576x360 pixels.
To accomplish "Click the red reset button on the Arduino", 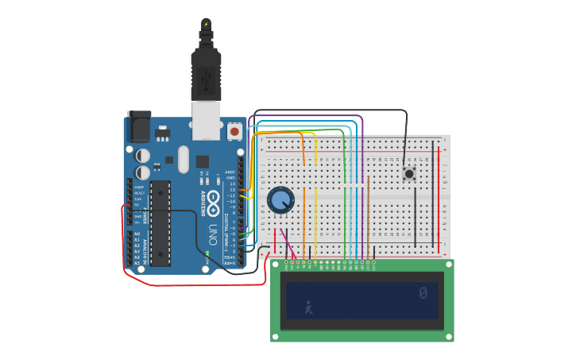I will pos(234,130).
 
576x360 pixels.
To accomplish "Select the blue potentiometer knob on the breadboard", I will pos(280,199).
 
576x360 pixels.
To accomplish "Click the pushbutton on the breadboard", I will pos(409,173).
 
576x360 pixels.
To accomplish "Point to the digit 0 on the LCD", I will pos(423,293).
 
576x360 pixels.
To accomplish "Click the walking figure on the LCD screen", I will pos(308,307).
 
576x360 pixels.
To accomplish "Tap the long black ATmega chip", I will pos(160,223).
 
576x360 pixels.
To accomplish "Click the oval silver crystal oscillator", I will pos(184,159).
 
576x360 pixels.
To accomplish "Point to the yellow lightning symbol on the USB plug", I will pos(207,25).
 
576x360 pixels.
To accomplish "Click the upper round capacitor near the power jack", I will pos(142,156).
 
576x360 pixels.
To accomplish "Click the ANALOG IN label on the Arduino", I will pos(144,246).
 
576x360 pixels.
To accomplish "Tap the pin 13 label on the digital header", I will pos(232,184).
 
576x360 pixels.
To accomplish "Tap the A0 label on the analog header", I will pos(137,234).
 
